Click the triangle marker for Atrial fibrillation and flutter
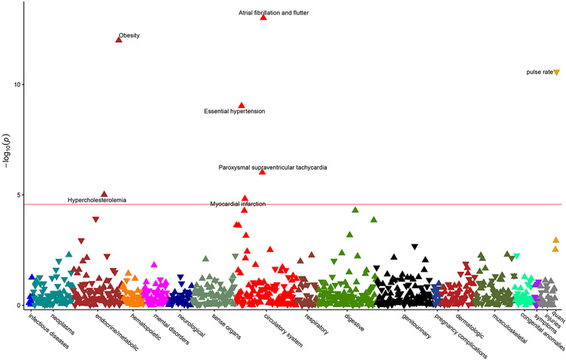pos(263,17)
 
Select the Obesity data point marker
pos(118,39)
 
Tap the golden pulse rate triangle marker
pos(556,72)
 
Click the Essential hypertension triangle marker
pos(241,106)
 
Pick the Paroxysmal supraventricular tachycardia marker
pos(262,172)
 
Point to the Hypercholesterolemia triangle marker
pos(104,194)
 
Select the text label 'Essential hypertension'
pos(235,112)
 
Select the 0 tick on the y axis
pos(17,306)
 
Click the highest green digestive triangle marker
pos(355,210)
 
